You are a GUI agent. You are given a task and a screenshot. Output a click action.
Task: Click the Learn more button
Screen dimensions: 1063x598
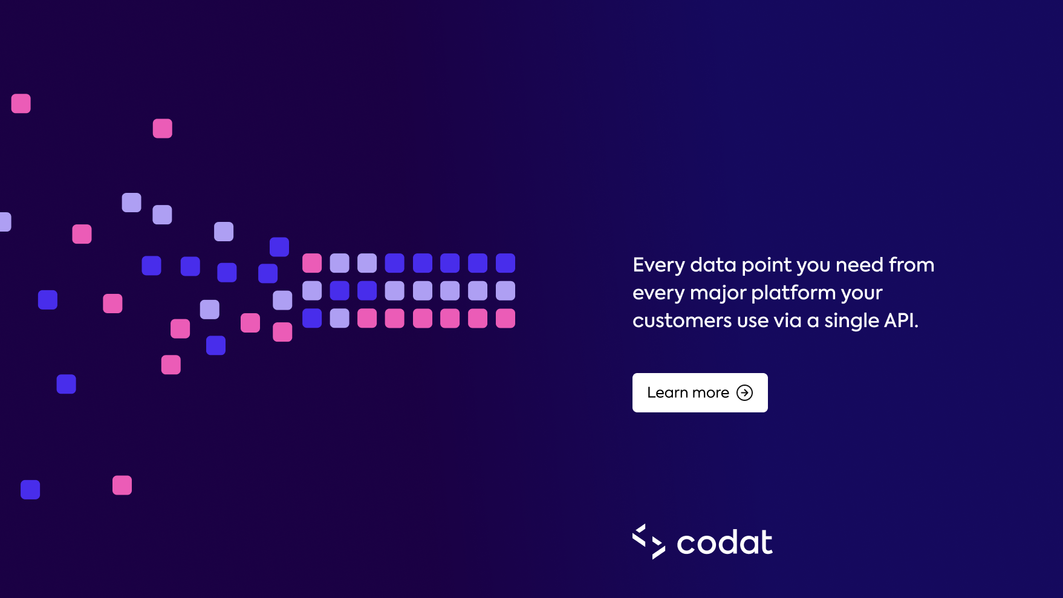[700, 392]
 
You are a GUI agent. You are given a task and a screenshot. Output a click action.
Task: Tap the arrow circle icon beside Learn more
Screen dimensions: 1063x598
[744, 393]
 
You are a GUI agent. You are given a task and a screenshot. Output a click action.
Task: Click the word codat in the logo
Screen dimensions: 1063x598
[724, 542]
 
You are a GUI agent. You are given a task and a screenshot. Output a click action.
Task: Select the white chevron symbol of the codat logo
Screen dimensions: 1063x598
[649, 541]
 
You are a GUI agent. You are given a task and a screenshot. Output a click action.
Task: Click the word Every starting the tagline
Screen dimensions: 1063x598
[658, 265]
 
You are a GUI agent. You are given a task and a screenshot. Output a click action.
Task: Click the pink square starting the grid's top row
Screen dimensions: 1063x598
[312, 263]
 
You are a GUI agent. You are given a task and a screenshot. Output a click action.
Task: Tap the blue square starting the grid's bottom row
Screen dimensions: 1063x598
[312, 318]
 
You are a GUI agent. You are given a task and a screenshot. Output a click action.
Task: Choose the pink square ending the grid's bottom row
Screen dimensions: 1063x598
[505, 318]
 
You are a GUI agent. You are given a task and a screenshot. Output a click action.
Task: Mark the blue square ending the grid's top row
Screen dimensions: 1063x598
[505, 263]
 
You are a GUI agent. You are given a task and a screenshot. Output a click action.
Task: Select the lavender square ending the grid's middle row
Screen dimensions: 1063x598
[505, 291]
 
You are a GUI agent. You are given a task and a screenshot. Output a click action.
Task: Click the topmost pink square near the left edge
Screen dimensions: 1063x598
[21, 103]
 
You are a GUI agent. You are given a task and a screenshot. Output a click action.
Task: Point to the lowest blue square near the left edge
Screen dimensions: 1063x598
[30, 490]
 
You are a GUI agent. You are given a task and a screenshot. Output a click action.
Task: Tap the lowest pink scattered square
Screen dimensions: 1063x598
[122, 485]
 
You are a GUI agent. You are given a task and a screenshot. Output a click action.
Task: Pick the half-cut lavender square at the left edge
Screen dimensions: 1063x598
[5, 222]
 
